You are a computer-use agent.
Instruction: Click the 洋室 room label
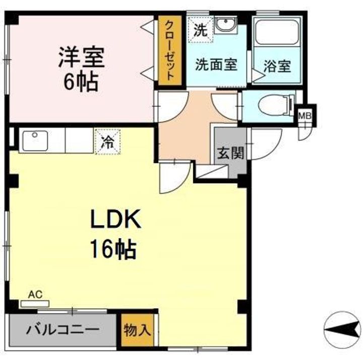[81, 56]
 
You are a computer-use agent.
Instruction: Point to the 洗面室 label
[216, 65]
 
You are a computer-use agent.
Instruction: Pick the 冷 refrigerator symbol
[107, 141]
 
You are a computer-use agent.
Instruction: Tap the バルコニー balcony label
[63, 331]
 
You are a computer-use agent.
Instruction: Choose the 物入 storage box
[137, 331]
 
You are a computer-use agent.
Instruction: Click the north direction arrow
[342, 330]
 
